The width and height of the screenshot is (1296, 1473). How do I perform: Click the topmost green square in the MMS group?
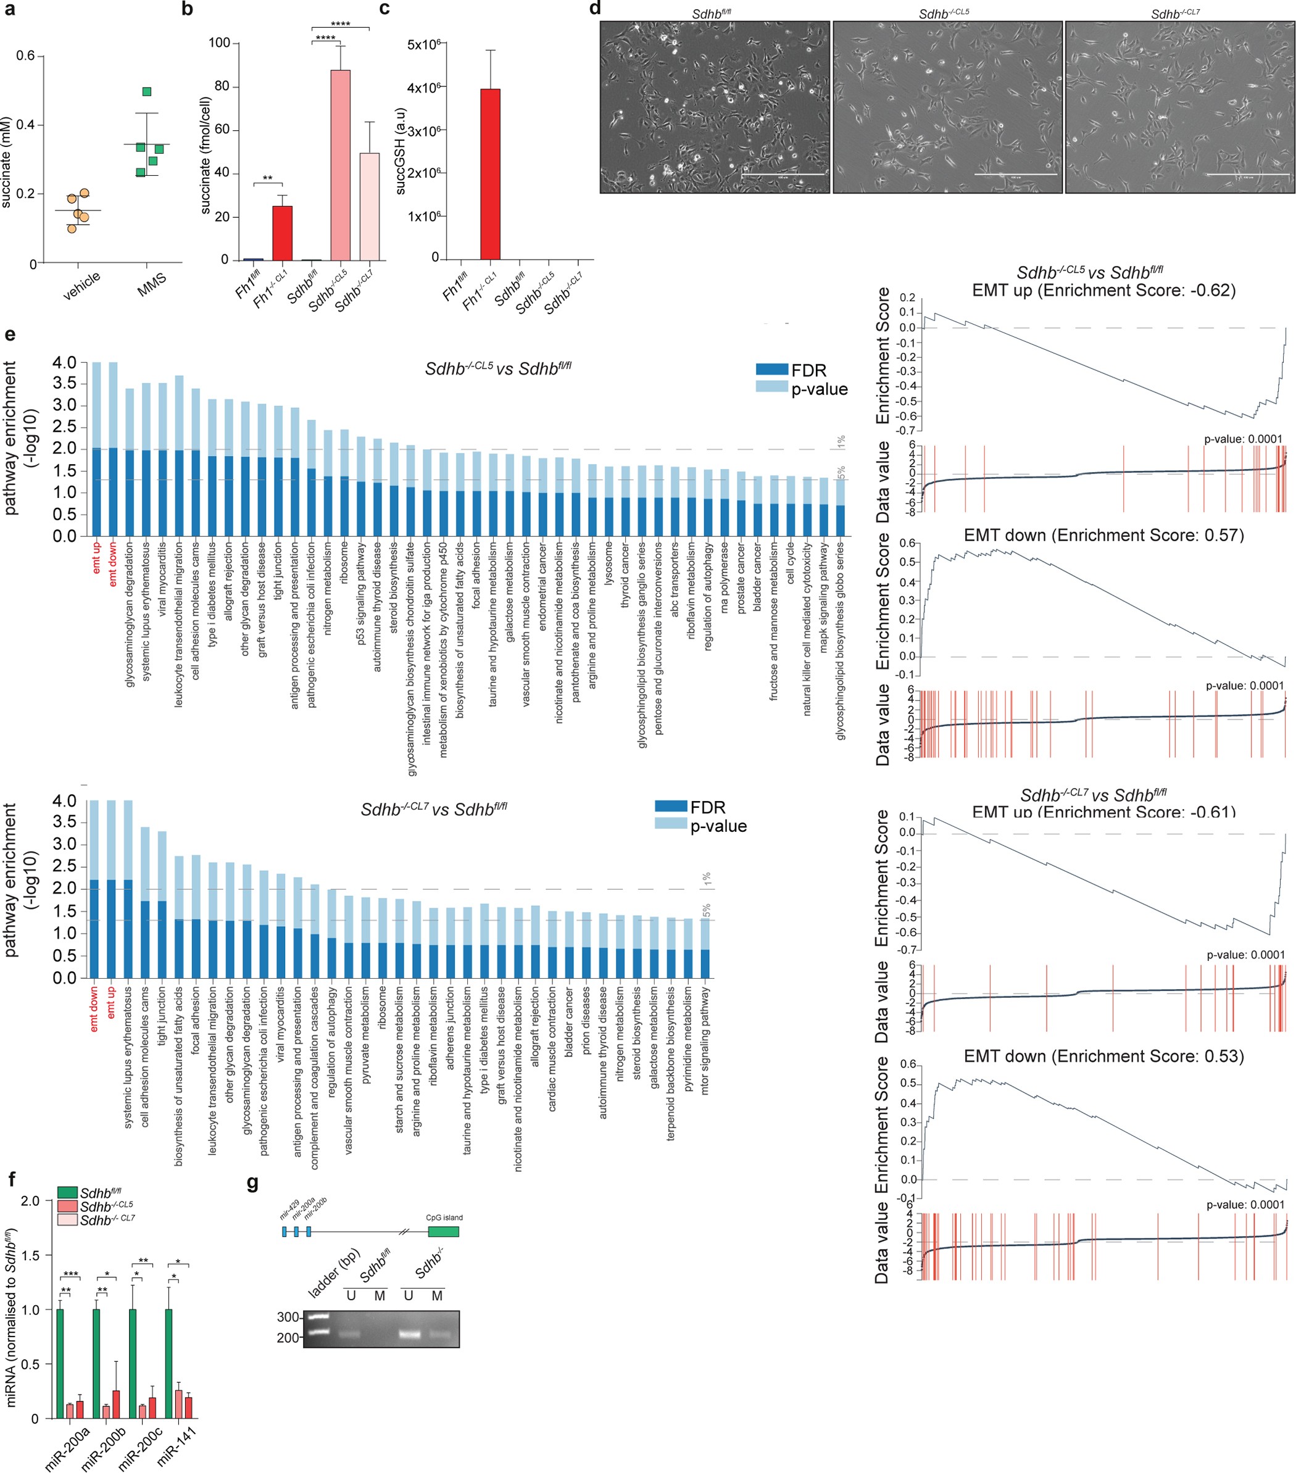147,91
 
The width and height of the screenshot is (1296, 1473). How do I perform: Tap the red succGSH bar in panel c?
490,173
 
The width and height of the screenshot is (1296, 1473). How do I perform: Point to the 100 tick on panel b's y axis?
219,43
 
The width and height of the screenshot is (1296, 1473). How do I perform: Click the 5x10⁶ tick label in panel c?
424,44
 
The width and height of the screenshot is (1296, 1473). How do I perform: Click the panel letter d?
595,9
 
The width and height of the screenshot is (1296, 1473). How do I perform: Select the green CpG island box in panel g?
443,1232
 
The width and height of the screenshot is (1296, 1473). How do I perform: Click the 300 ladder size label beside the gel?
288,1317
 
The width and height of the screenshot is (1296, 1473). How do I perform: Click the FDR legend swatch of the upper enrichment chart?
771,370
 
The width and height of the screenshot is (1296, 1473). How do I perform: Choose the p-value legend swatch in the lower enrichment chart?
670,823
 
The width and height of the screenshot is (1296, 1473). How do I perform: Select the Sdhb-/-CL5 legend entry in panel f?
67,1206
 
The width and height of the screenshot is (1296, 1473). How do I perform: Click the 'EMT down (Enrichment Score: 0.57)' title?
1103,535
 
